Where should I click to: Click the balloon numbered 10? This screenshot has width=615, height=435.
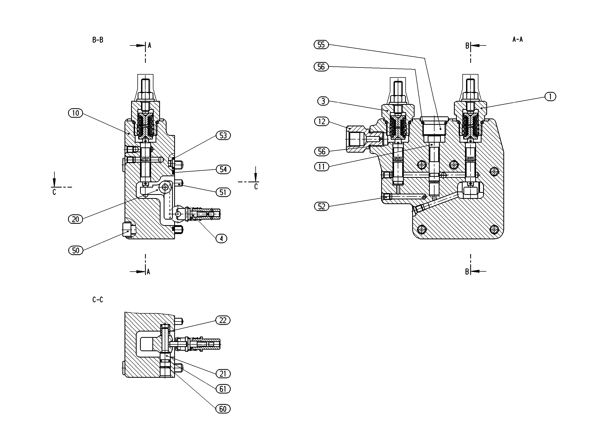[x=76, y=113]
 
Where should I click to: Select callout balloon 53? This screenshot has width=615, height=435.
[x=223, y=136]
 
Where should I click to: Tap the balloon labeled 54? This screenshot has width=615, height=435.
[x=223, y=169]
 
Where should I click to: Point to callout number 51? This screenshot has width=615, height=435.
[x=223, y=192]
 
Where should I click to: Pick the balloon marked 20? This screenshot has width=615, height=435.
[x=76, y=219]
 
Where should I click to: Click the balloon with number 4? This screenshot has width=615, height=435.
[x=221, y=239]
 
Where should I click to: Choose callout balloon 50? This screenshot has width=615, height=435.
[x=76, y=250]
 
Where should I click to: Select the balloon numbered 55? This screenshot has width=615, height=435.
[x=321, y=44]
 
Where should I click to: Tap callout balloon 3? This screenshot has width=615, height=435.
[x=323, y=101]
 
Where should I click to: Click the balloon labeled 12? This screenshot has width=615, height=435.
[x=322, y=122]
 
